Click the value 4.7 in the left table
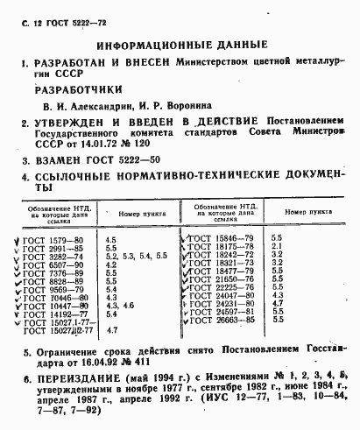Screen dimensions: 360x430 click(x=111, y=330)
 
